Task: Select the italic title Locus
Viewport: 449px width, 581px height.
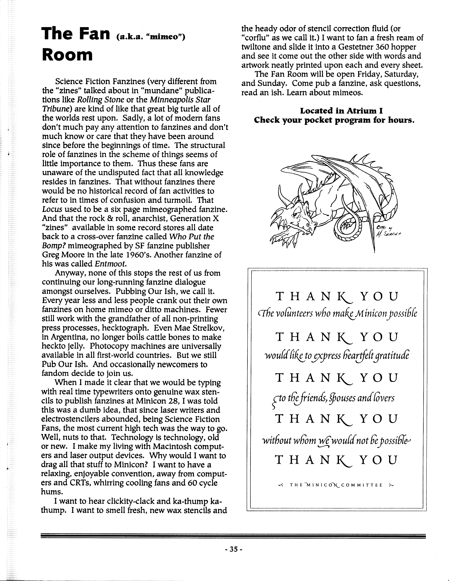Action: point(52,209)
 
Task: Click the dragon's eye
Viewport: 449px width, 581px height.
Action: point(296,214)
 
